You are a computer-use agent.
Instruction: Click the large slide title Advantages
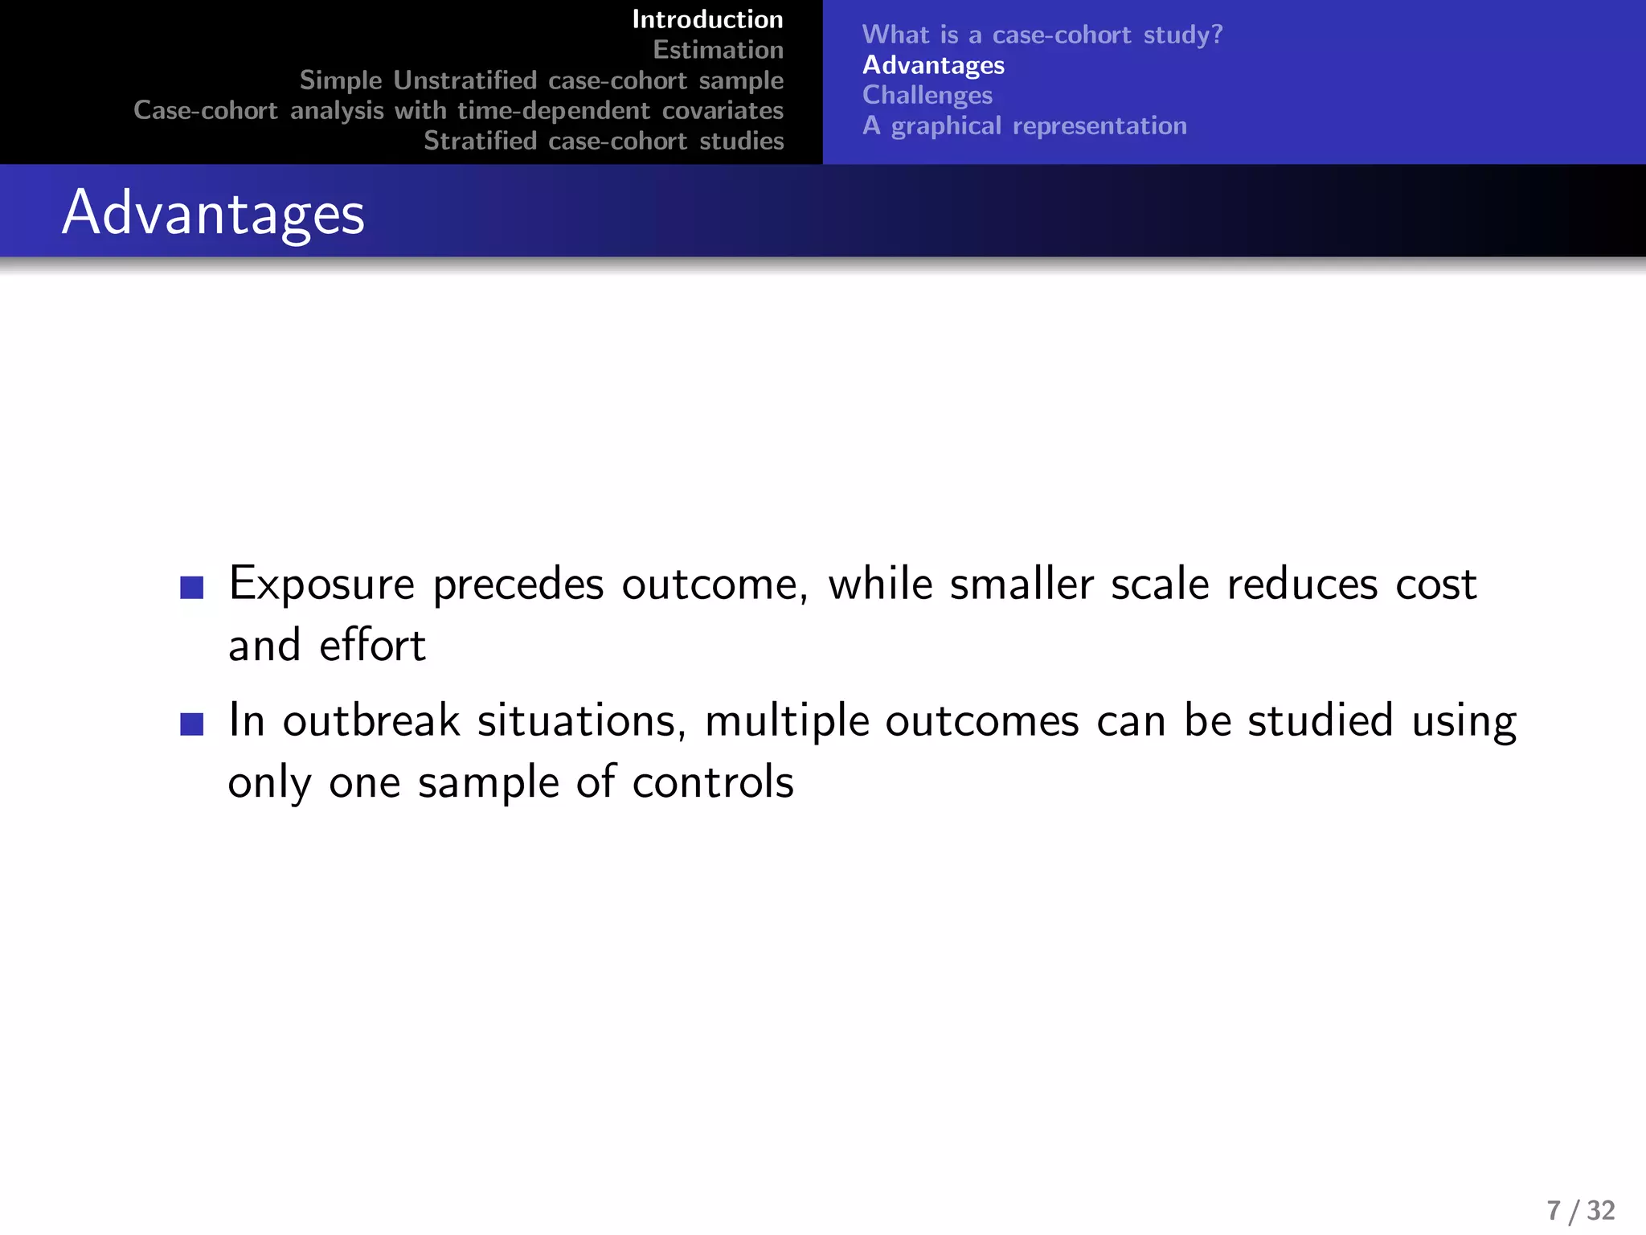(213, 213)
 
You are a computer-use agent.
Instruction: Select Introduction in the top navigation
(707, 19)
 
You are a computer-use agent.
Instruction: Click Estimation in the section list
(718, 50)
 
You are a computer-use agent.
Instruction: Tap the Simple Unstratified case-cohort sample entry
(541, 80)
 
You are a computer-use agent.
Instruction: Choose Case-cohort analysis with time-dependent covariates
(458, 110)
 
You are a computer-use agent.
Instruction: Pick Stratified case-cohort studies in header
(604, 141)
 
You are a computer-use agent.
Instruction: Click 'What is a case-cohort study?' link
(1042, 35)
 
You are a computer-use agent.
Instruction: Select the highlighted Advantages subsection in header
(933, 65)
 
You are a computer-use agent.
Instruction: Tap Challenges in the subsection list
(927, 95)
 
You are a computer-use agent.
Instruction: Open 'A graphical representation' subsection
(1024, 125)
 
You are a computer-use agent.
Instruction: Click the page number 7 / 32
(1580, 1210)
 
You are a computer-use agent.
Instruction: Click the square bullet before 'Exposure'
(192, 588)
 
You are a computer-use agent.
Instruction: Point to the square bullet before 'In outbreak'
(192, 724)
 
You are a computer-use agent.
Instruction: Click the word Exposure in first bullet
(321, 585)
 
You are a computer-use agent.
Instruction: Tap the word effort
(372, 646)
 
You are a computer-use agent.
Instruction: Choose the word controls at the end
(713, 782)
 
